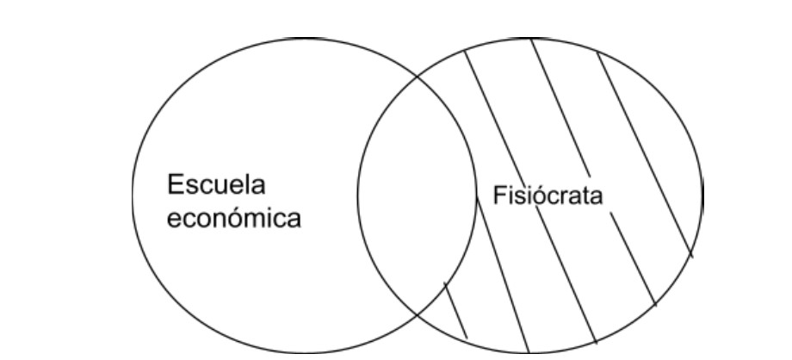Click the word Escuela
216,186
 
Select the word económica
233,218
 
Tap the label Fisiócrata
548,196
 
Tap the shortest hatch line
455,310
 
